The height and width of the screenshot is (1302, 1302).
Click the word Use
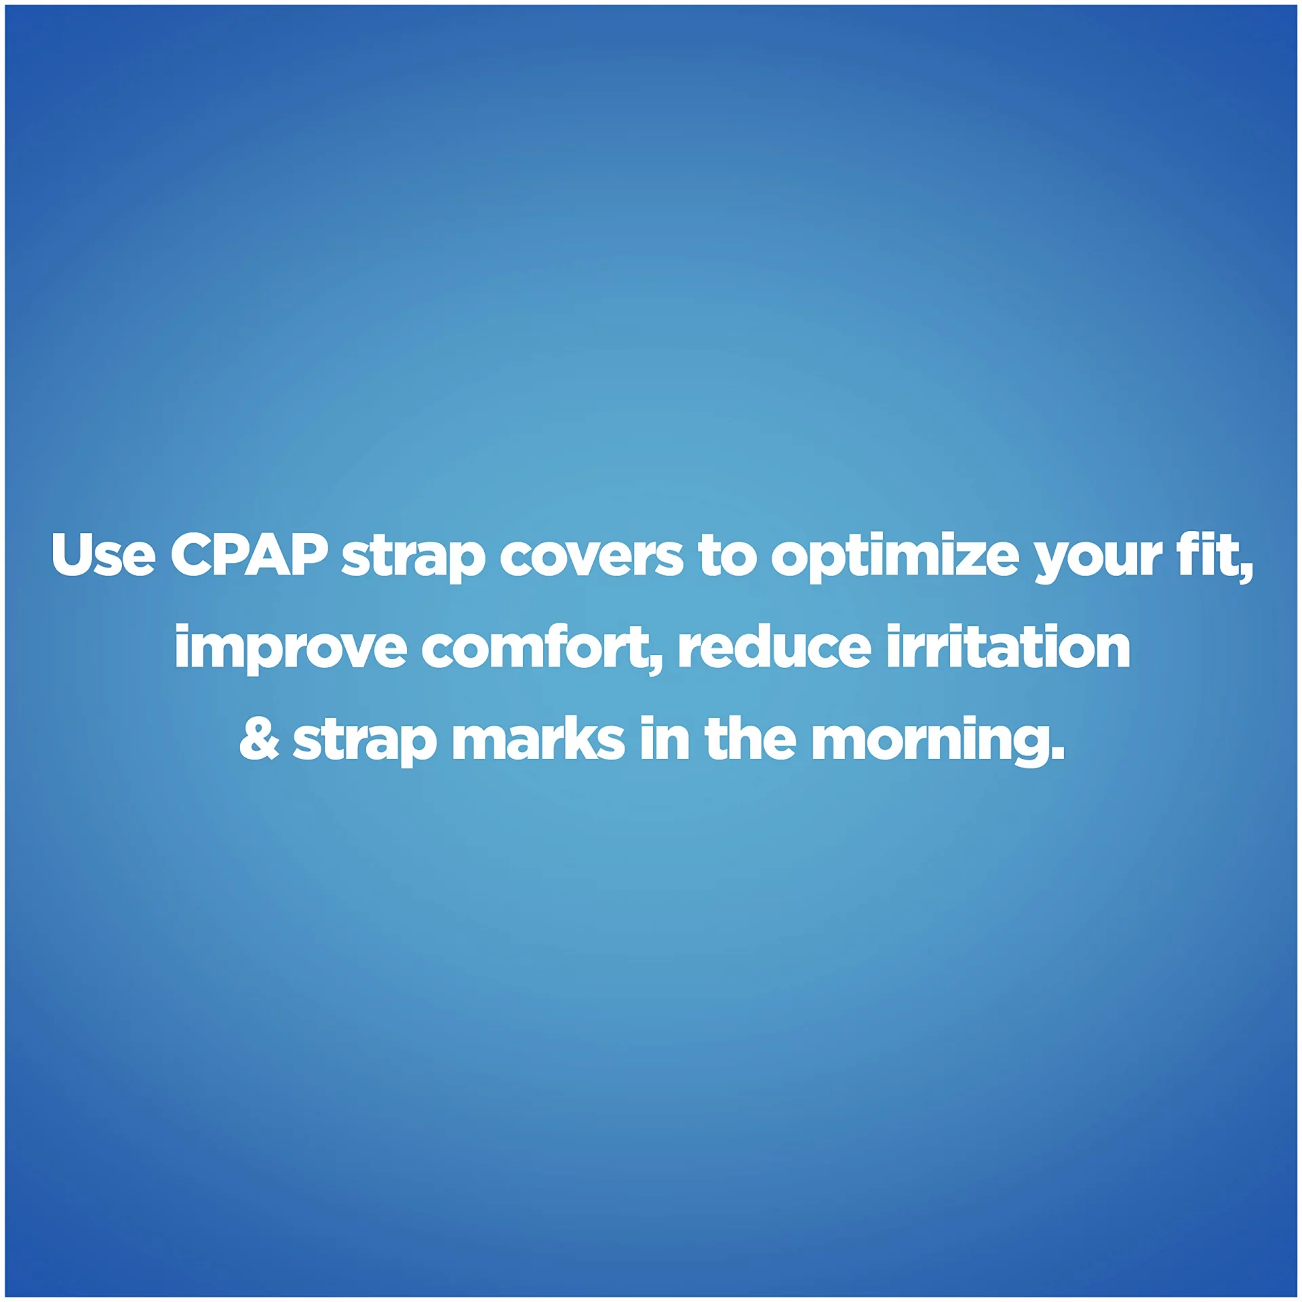[x=103, y=555]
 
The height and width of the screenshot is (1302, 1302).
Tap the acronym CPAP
[x=250, y=555]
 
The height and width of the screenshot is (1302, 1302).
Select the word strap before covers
[x=413, y=559]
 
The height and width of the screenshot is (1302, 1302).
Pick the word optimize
[x=894, y=559]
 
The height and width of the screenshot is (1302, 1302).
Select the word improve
[x=290, y=650]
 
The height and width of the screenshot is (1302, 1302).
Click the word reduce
[x=774, y=646]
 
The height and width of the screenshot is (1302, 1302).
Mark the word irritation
[x=1008, y=646]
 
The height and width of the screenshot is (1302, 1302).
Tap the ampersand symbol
[x=259, y=738]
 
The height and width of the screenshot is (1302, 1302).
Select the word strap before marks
[x=364, y=743]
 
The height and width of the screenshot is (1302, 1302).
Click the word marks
[x=538, y=739]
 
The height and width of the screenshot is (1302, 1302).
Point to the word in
[x=664, y=738]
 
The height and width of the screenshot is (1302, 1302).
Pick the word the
[x=751, y=738]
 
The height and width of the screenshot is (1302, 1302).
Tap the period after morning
[x=1056, y=753]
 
